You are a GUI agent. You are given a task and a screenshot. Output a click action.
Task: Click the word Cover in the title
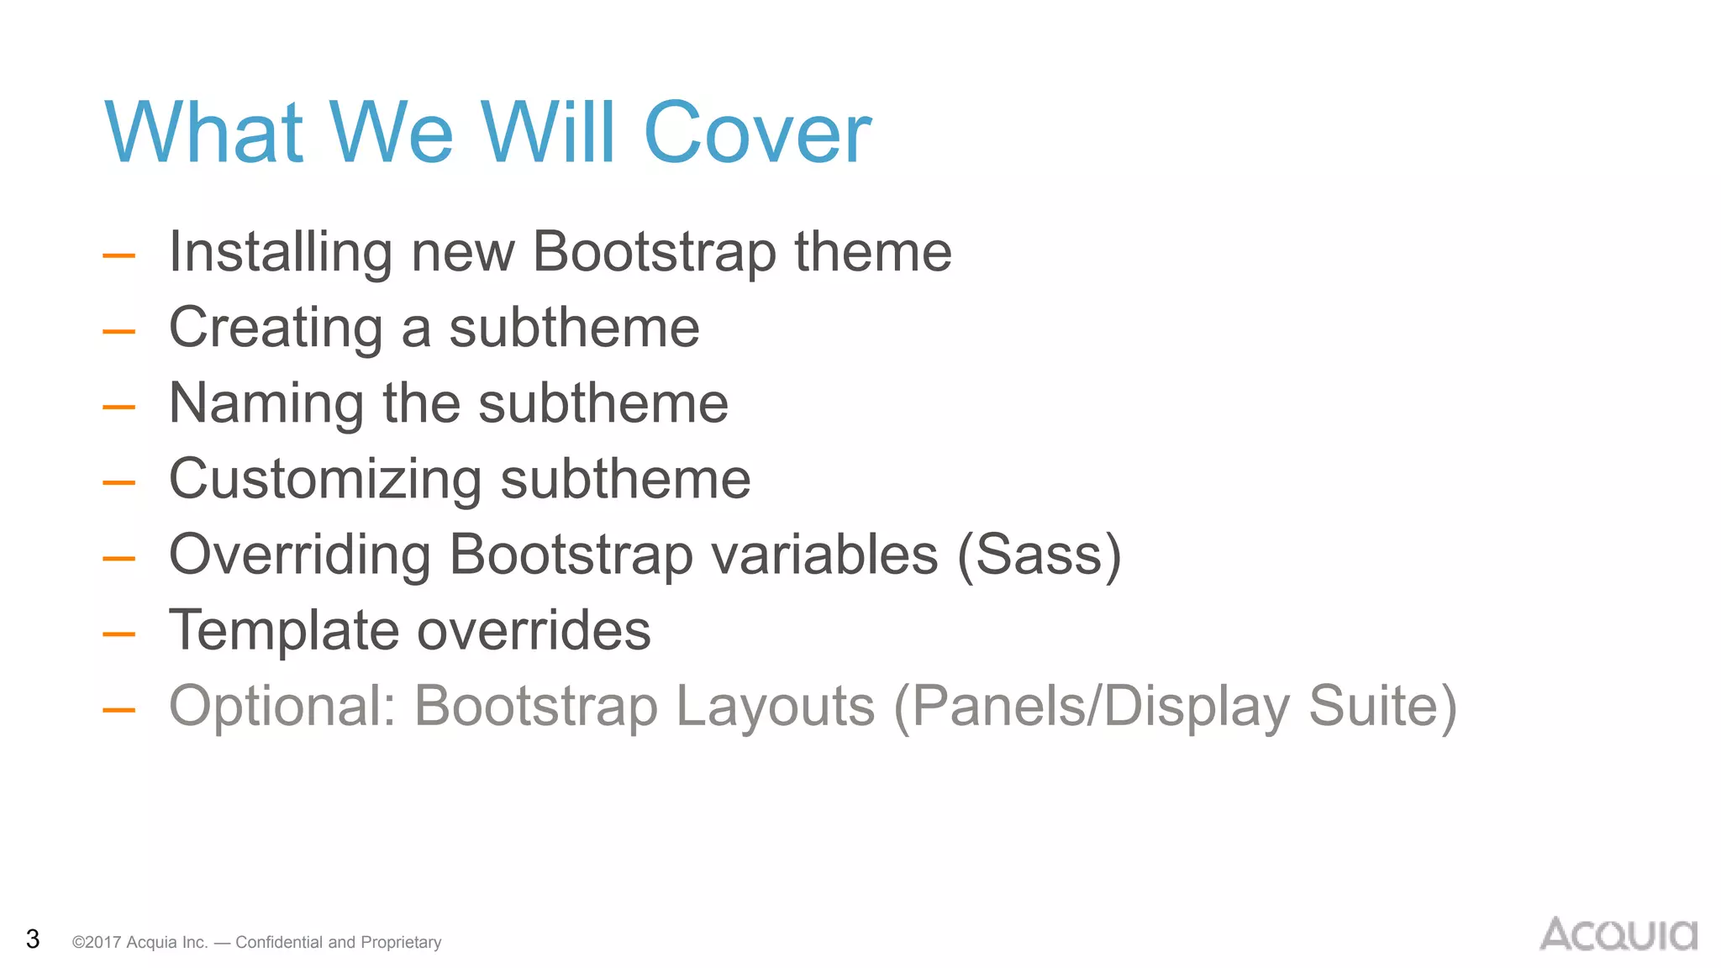point(757,133)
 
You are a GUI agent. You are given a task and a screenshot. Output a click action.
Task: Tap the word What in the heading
point(203,133)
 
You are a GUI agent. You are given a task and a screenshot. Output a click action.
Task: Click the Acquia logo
point(1618,934)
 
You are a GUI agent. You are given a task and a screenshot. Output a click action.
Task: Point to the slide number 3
point(33,939)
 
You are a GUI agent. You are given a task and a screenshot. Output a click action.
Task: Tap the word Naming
point(266,403)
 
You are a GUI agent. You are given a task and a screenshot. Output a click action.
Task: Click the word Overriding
point(299,555)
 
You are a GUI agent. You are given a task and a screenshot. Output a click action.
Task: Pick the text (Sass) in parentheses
point(1039,555)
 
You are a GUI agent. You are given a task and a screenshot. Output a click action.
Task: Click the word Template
point(283,630)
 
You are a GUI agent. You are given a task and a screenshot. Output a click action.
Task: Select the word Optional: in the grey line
point(282,707)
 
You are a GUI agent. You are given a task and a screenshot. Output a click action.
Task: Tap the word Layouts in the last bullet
point(775,706)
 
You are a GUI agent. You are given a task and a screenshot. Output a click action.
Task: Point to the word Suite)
point(1382,706)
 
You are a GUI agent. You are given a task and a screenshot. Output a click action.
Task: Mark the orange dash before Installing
point(118,255)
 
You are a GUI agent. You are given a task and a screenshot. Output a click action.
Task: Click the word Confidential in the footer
point(278,942)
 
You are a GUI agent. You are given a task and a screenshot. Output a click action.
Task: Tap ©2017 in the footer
point(97,942)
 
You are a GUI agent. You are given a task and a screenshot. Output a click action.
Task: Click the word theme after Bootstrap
point(872,252)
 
